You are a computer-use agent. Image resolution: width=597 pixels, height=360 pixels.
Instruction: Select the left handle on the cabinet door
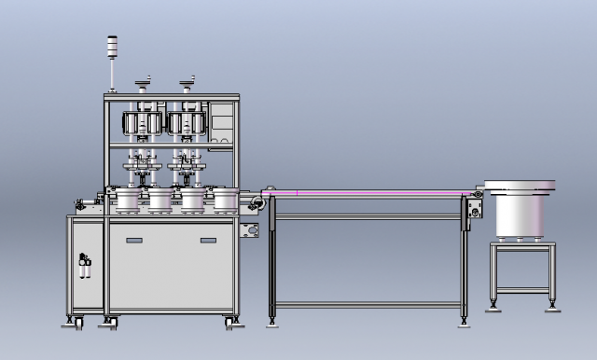[x=134, y=242]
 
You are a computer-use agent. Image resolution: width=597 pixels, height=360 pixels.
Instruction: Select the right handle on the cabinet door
[x=207, y=242]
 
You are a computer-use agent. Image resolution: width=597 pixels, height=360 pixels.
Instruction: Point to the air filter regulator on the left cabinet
[x=86, y=265]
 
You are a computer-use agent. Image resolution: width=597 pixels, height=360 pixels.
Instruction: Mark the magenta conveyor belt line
[x=373, y=193]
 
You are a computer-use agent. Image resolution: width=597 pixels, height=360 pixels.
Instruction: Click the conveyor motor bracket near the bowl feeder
[x=476, y=208]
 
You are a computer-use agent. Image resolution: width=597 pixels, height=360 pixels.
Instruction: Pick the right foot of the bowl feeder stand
[x=553, y=304]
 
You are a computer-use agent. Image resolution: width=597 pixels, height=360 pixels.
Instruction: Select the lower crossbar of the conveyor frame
[x=368, y=305]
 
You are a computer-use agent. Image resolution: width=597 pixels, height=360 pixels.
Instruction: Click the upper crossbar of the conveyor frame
[x=368, y=216]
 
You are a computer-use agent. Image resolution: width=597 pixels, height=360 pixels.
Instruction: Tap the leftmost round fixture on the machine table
[x=125, y=199]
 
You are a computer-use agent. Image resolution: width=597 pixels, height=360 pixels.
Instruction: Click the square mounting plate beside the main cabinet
[x=250, y=230]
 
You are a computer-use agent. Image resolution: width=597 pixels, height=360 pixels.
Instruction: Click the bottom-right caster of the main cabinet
[x=230, y=323]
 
